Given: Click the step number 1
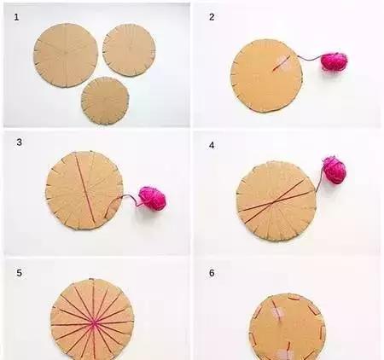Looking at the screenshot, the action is (16, 17).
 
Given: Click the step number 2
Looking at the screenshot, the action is (212, 17).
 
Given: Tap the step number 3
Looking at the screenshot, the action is (19, 142).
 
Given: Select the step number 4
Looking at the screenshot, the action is (212, 145).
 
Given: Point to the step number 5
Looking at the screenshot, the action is (19, 273).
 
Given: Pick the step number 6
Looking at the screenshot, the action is (212, 273).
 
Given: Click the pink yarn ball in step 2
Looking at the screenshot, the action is (335, 61).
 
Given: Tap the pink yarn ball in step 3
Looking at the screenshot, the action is (152, 199).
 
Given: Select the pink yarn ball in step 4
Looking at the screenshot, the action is (334, 170).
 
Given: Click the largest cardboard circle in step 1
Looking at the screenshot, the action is (66, 55).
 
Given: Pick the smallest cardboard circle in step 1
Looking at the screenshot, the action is (105, 101).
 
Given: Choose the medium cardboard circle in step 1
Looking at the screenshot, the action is (129, 50).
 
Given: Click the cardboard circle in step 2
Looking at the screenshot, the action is (266, 76).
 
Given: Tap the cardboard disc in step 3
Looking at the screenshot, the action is (84, 190).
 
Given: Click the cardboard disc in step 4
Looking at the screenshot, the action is (276, 201).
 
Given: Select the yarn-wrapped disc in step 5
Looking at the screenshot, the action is (92, 320).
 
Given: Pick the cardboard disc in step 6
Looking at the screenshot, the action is (288, 327).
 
